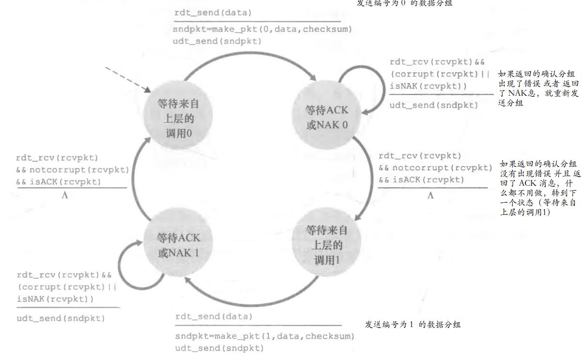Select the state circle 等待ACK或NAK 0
tap(327, 117)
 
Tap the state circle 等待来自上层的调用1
tap(327, 245)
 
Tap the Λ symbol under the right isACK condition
tap(430, 195)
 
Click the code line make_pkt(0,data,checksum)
tap(262, 30)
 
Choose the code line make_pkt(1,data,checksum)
tap(264, 336)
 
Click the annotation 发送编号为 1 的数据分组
tap(413, 325)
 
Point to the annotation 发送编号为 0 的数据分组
tap(406, 3)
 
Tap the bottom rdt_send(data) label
tap(214, 317)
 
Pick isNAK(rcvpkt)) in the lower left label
tap(55, 299)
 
